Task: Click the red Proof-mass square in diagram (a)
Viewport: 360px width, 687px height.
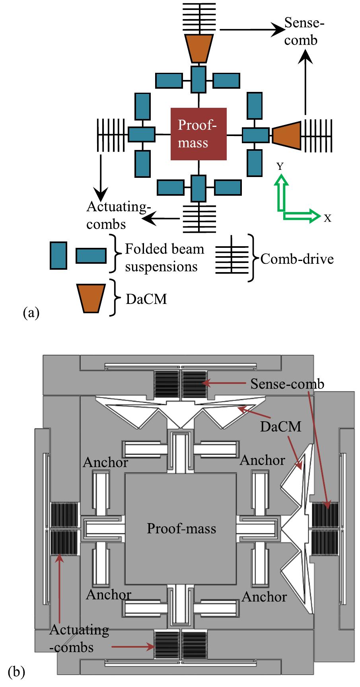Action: (198, 134)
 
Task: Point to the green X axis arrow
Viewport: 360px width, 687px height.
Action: (302, 216)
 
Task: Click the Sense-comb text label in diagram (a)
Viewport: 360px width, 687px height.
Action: (304, 31)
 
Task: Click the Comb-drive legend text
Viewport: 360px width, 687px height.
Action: (297, 259)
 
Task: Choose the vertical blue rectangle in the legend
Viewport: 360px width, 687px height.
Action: (58, 255)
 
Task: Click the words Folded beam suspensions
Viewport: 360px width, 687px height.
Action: (164, 257)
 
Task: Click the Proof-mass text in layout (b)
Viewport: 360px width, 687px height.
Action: (181, 528)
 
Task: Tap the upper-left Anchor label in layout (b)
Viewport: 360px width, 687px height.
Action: (105, 462)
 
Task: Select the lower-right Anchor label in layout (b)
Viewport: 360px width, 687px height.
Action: (264, 597)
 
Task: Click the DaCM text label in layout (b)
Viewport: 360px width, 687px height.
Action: (280, 427)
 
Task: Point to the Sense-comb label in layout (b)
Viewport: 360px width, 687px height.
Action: (287, 384)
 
